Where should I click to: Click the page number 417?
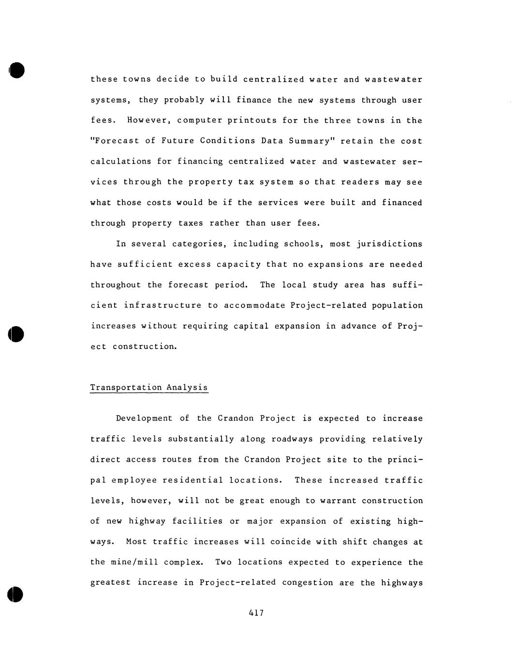coord(256,613)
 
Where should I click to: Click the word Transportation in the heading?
coord(126,387)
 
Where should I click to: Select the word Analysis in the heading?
coord(187,387)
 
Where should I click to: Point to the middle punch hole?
coord(16,334)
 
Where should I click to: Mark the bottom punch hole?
coord(15,594)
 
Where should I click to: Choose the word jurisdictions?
coord(389,244)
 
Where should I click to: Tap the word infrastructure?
coord(162,305)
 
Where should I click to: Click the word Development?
coord(144,418)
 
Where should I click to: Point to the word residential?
coord(192,480)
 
